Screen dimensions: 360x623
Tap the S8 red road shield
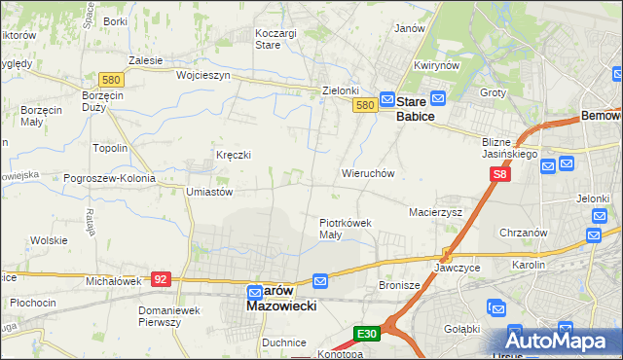(499, 174)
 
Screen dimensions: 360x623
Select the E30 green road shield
(366, 334)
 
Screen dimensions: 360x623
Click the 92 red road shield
(162, 279)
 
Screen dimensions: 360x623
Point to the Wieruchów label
(367, 173)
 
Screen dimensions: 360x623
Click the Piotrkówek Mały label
(346, 229)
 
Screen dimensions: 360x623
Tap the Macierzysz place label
(435, 211)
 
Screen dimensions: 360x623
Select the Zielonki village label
(341, 90)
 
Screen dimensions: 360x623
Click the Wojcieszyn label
(202, 75)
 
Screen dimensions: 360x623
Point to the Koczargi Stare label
(275, 39)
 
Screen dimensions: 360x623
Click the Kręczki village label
(234, 155)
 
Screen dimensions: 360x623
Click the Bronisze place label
(398, 286)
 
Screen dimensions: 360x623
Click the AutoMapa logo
(562, 341)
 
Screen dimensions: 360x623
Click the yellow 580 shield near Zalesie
(110, 79)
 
